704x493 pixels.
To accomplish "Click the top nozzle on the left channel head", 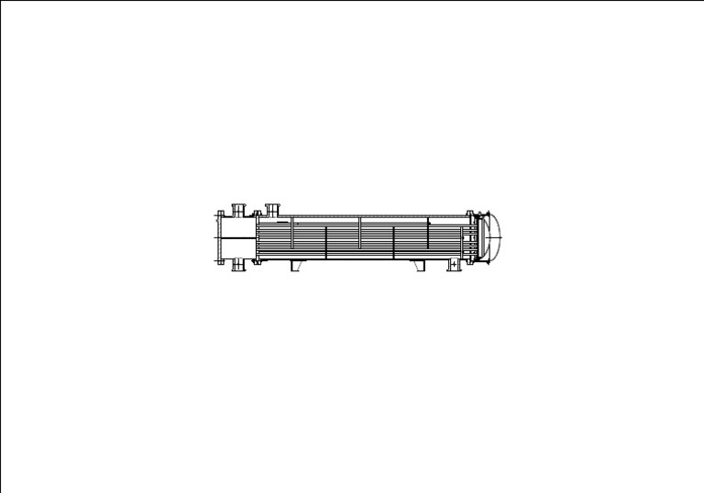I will (238, 210).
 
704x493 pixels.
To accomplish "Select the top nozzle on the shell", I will (272, 209).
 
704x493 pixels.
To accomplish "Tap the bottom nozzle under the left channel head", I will (238, 266).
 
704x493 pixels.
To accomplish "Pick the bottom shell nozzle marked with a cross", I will (453, 265).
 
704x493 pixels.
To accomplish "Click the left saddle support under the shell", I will (296, 266).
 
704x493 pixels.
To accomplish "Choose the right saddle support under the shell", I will (420, 266).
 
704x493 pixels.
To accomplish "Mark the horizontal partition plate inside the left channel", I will (236, 238).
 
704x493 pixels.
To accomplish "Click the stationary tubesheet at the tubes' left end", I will (258, 238).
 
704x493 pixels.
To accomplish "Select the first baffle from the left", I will (292, 233).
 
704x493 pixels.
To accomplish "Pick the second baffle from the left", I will (326, 244).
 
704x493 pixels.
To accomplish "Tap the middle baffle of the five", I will (360, 233).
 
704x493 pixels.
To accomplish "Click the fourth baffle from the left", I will (394, 244).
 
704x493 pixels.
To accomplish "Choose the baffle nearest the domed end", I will (428, 233).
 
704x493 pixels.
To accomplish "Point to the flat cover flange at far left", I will (219, 238).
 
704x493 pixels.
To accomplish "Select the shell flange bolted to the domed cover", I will (470, 238).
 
